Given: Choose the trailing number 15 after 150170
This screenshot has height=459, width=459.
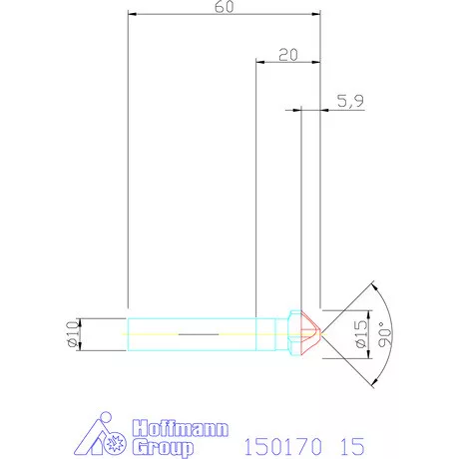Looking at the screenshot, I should point(350,443).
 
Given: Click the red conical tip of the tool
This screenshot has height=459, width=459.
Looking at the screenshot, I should point(310,332).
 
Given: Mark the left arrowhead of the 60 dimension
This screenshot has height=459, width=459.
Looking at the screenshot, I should point(133,15).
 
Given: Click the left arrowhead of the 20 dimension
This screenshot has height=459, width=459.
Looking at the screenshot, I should point(261,63).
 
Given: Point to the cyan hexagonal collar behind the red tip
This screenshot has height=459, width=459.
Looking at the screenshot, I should point(292,332).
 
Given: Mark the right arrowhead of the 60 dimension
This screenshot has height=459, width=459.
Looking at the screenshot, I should point(316,15).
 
